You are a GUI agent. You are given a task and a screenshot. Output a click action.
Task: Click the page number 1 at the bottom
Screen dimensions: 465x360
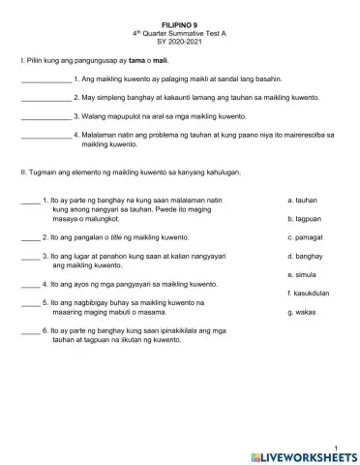point(334,444)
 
